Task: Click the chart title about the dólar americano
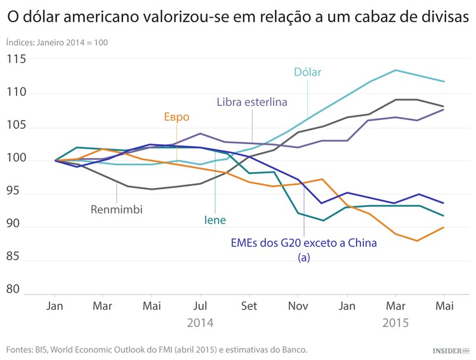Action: pos(238,17)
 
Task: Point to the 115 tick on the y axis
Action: pos(17,59)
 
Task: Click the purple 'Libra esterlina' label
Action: pos(252,102)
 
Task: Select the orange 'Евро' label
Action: pos(176,117)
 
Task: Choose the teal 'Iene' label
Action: pos(215,220)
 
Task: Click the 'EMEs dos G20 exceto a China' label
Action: pos(303,243)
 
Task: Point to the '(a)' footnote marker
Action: pos(303,257)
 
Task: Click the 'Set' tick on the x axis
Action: pos(249,305)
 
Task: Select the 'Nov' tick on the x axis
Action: pos(298,305)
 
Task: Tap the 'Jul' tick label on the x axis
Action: pos(200,305)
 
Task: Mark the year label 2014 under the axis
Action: pos(200,323)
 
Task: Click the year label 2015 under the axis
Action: pos(395,323)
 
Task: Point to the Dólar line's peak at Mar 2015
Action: pos(395,70)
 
